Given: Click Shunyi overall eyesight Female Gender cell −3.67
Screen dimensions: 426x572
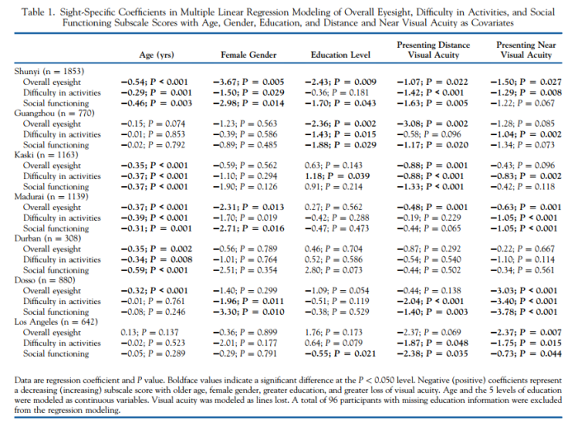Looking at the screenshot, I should tap(248, 82).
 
